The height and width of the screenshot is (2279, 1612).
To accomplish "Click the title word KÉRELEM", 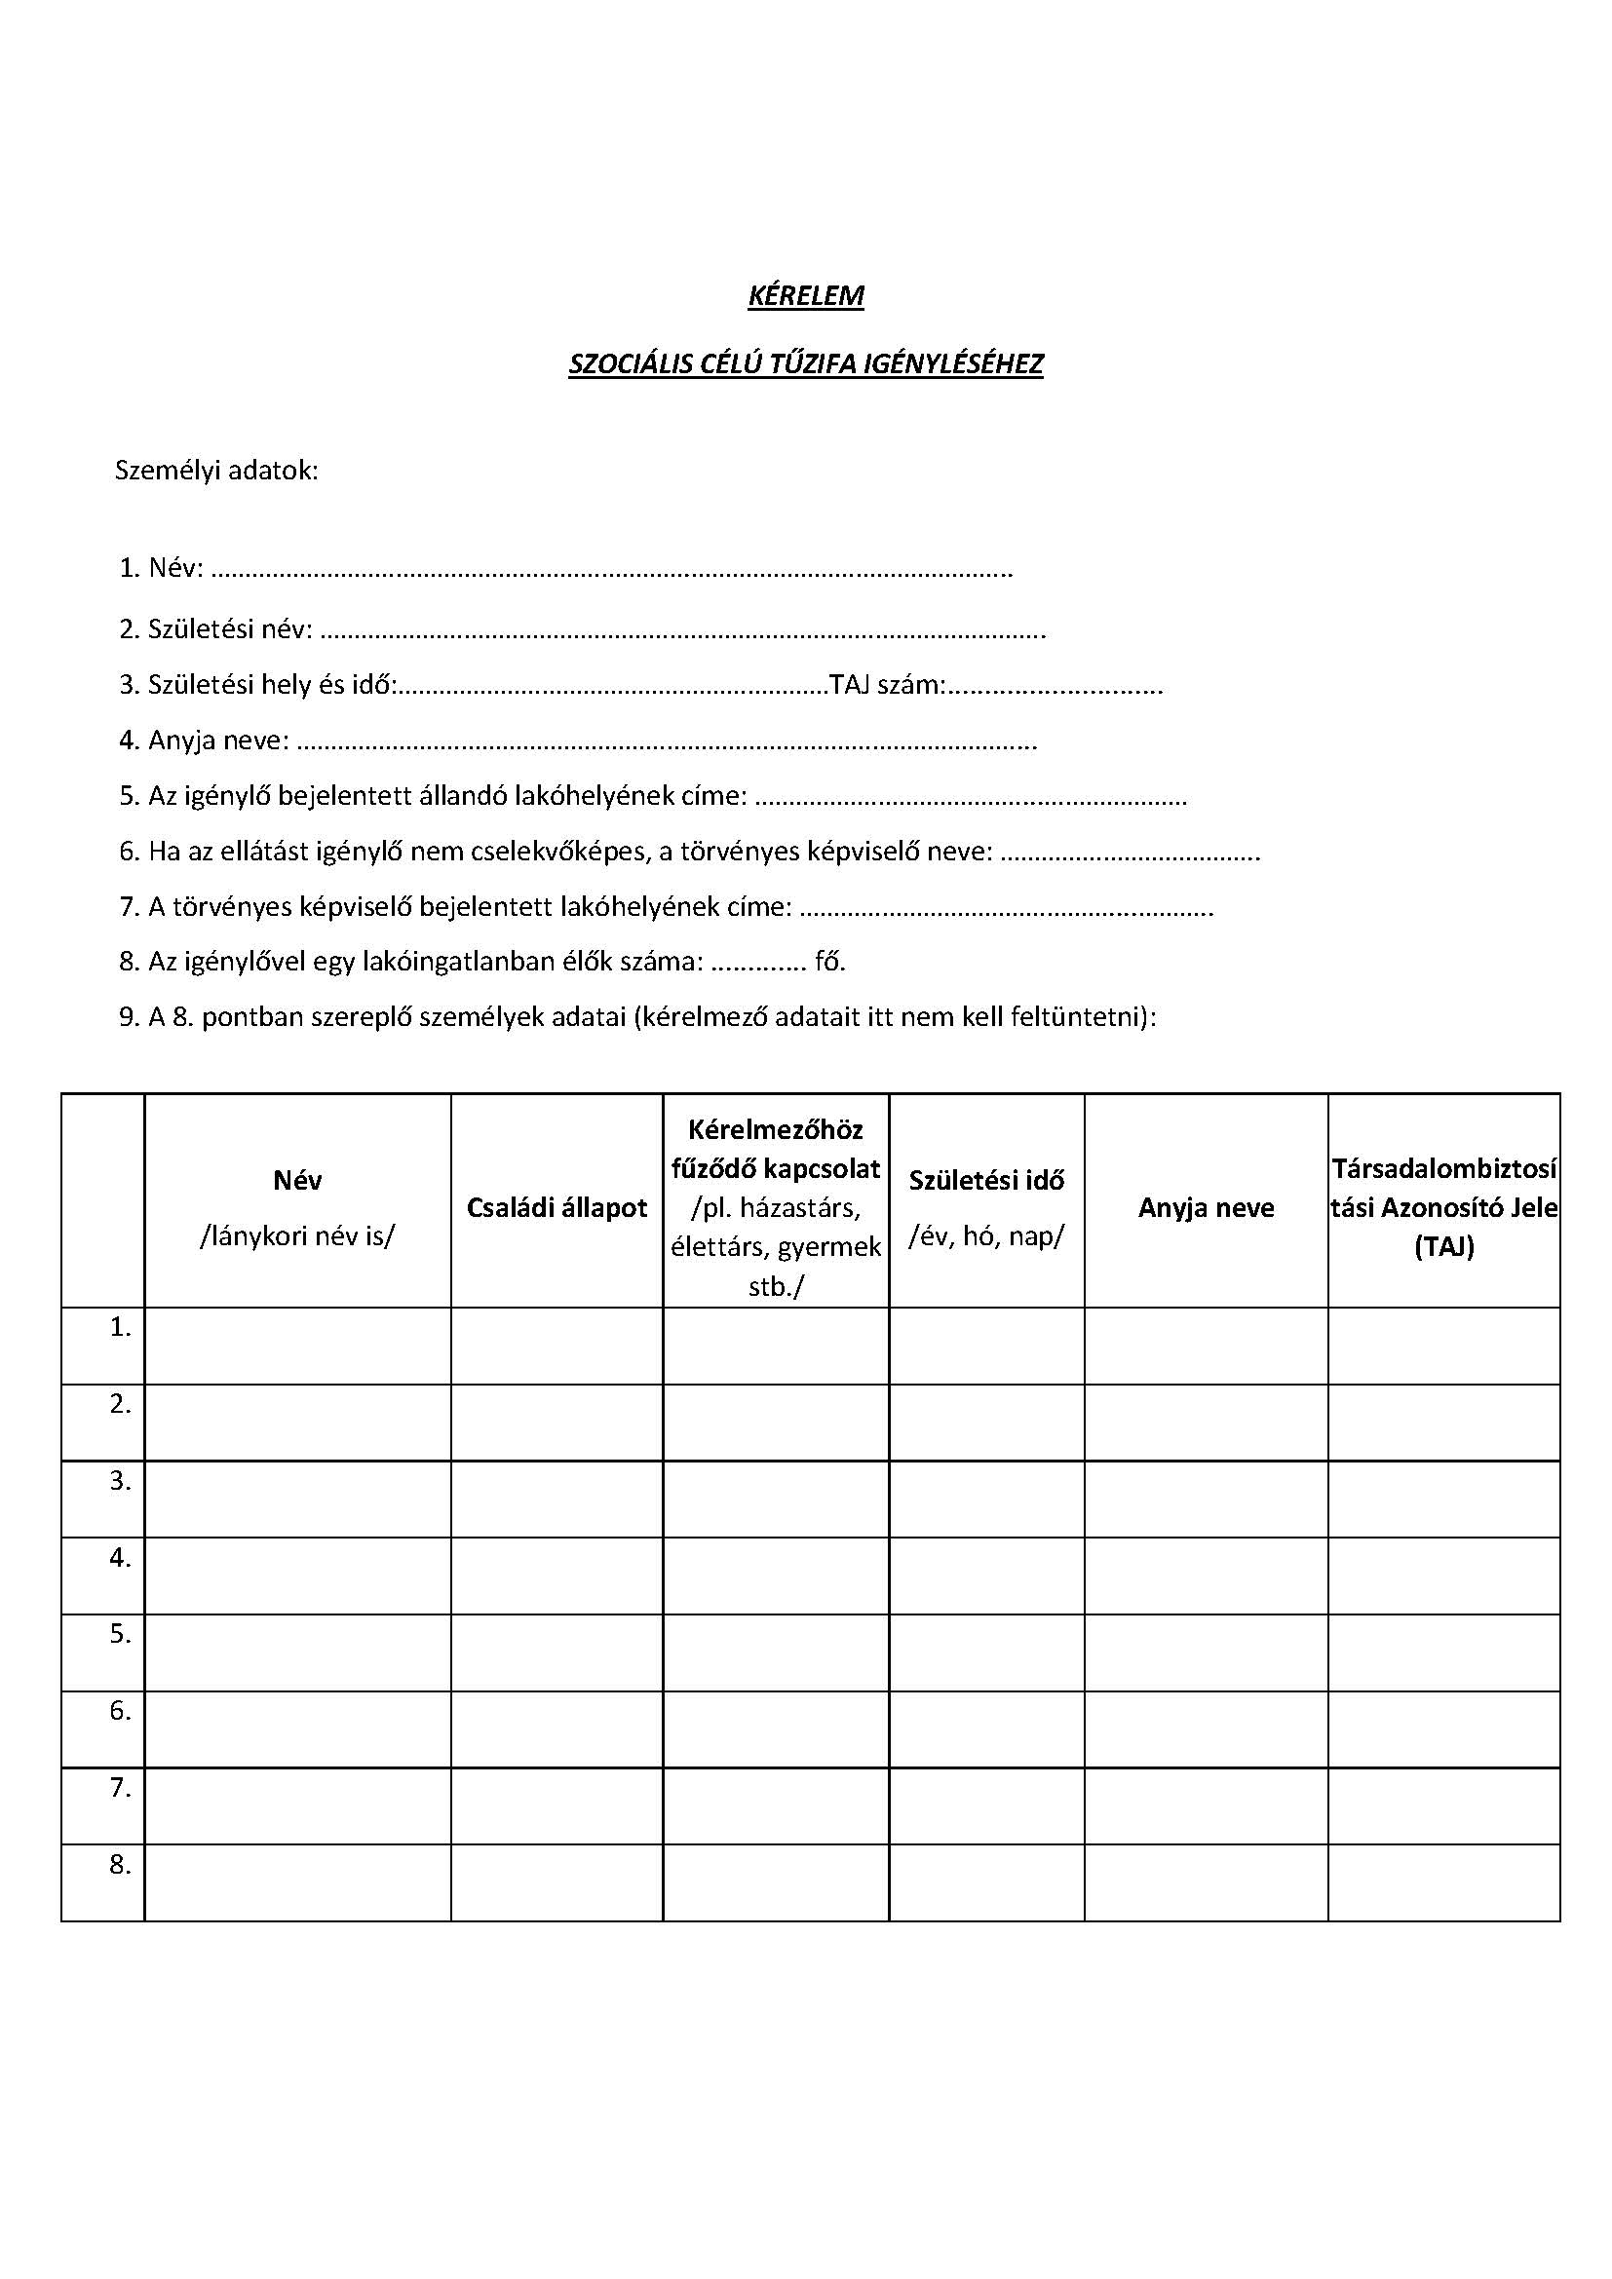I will point(805,296).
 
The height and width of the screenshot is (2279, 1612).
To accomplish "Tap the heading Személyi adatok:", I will point(216,470).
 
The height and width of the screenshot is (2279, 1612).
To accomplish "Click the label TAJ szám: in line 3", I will point(886,685).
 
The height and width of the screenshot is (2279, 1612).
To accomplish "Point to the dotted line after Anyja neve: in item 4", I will point(666,741).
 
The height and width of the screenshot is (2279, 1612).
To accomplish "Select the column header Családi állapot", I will point(557,1207).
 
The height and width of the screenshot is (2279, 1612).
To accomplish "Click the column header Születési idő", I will point(986,1180).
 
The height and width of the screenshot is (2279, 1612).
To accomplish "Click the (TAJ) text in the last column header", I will point(1444,1247).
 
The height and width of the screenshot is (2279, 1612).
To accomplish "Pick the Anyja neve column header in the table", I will point(1206,1207).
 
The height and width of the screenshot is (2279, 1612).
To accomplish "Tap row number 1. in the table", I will point(120,1327).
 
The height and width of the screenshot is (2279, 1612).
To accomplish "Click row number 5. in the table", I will point(120,1634).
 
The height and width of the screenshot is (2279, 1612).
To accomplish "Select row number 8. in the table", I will point(120,1864).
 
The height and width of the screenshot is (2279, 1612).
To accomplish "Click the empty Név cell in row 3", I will point(298,1499).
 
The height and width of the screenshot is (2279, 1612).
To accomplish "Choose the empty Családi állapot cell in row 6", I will point(557,1729).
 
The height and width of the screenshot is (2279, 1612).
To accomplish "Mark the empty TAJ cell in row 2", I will point(1444,1423).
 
